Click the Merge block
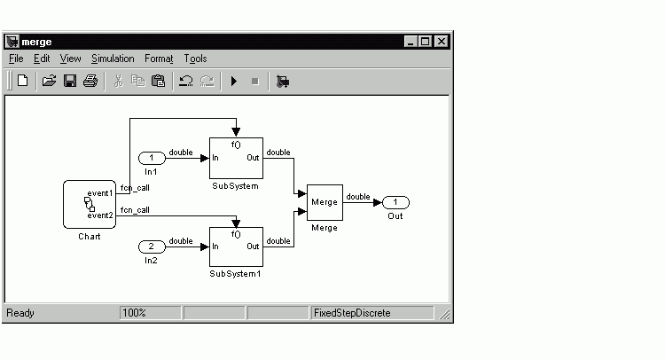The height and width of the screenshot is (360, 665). pyautogui.click(x=325, y=202)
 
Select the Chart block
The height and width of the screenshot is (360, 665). pyautogui.click(x=90, y=204)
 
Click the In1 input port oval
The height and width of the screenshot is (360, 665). pyautogui.click(x=152, y=158)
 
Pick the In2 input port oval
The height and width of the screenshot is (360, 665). pyautogui.click(x=152, y=247)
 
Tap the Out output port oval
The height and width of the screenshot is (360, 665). pyautogui.click(x=395, y=203)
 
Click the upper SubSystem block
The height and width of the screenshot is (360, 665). pyautogui.click(x=236, y=158)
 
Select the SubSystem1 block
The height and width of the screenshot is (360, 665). pyautogui.click(x=236, y=247)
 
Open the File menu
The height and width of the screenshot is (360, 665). pyautogui.click(x=16, y=59)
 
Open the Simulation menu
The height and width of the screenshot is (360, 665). pyautogui.click(x=113, y=59)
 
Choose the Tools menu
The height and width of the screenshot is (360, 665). pyautogui.click(x=195, y=59)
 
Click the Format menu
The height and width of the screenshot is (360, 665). pyautogui.click(x=159, y=59)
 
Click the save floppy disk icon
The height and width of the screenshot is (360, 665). pyautogui.click(x=70, y=81)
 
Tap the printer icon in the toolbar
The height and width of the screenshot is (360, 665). pyautogui.click(x=90, y=81)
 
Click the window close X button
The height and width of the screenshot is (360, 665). pyautogui.click(x=442, y=42)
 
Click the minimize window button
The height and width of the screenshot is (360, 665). pyautogui.click(x=411, y=42)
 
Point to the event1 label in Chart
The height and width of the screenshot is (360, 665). pyautogui.click(x=100, y=193)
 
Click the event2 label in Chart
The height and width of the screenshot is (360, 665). pyautogui.click(x=100, y=215)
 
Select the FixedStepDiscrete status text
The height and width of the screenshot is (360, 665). pyautogui.click(x=352, y=313)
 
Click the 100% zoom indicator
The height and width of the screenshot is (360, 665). pyautogui.click(x=134, y=313)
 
